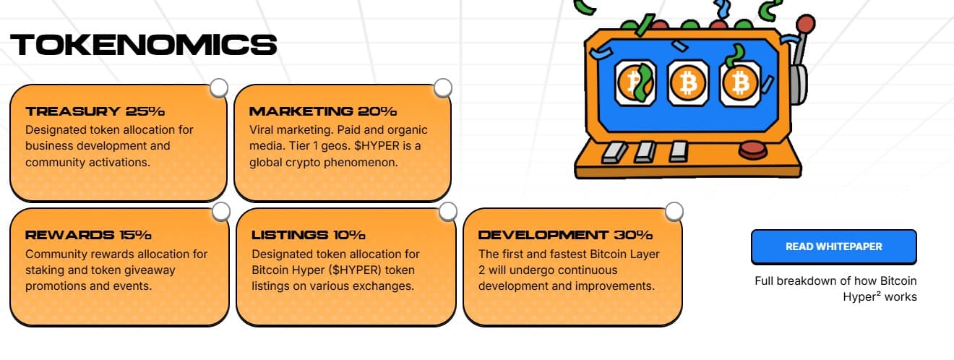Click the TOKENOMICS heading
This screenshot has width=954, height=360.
144,45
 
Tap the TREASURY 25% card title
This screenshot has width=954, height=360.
95,111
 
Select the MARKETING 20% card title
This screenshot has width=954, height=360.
323,111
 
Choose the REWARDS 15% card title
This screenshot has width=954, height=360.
88,235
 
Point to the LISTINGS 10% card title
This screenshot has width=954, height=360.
309,235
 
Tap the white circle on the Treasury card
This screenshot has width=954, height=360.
219,87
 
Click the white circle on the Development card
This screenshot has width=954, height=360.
674,211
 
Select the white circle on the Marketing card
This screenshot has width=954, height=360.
443,87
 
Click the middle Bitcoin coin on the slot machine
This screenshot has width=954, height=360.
688,82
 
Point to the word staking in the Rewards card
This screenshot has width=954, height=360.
45,270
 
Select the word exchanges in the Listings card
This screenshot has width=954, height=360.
385,286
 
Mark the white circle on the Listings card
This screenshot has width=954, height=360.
448,211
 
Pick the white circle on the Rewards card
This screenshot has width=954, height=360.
221,211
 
